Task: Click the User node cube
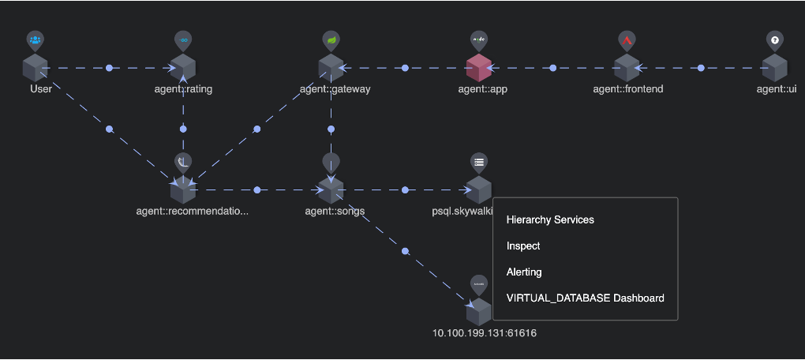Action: [x=35, y=68]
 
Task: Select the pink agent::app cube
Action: [x=478, y=68]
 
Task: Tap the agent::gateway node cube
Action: [x=331, y=68]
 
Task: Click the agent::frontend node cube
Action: [x=627, y=68]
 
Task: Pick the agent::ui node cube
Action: [x=776, y=68]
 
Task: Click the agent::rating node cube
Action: [x=183, y=68]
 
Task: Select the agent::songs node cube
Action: [x=331, y=190]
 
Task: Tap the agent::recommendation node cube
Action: [x=183, y=190]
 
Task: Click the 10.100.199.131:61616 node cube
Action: [x=478, y=312]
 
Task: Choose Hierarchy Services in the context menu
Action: [x=549, y=219]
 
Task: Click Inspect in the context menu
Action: [x=523, y=246]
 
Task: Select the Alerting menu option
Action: [x=524, y=272]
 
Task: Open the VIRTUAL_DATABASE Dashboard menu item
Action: [x=585, y=298]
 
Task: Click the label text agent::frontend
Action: [x=627, y=89]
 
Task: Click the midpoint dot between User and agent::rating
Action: [x=110, y=68]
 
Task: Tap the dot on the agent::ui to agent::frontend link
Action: [x=702, y=68]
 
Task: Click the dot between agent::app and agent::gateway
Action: [x=405, y=68]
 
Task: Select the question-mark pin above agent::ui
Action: [x=775, y=40]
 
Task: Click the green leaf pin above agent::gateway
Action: [x=331, y=40]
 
